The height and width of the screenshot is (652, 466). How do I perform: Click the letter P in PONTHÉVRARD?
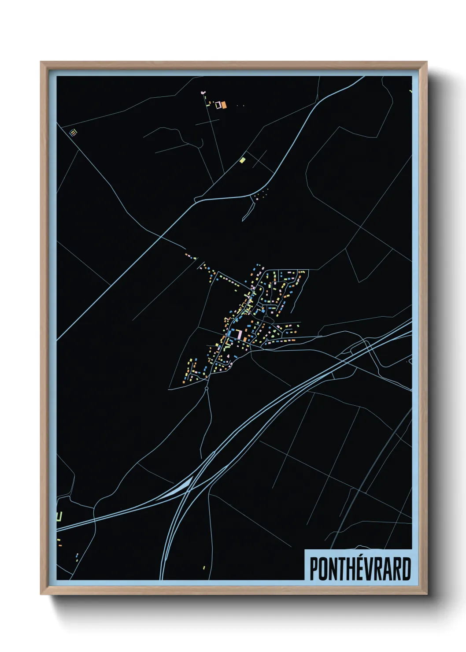pos(314,569)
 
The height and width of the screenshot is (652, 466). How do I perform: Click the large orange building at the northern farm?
pos(224,105)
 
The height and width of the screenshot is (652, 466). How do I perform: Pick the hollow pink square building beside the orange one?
pos(218,105)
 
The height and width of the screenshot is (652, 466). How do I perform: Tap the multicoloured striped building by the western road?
pos(73,132)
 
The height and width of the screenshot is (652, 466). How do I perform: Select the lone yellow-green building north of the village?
pos(242,160)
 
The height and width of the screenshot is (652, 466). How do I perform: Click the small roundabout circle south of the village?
pos(206,389)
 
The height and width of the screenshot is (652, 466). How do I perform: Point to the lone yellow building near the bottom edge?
pos(204,567)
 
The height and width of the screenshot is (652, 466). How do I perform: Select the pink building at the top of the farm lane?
pos(203,93)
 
